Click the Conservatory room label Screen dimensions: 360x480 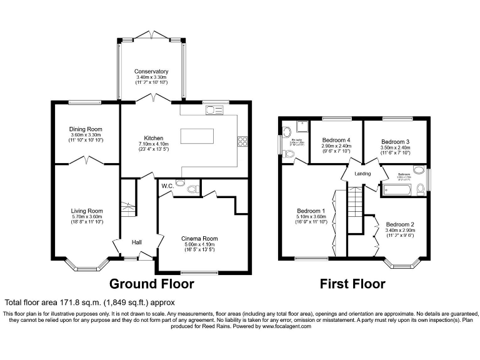click(x=151, y=71)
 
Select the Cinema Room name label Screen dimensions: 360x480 click(x=199, y=238)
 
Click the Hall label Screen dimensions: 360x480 click(x=137, y=242)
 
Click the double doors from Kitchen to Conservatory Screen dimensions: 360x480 click(x=151, y=99)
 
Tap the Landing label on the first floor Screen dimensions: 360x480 click(x=362, y=174)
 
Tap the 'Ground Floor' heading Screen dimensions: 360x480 click(x=152, y=284)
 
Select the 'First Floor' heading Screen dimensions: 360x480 click(x=352, y=284)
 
